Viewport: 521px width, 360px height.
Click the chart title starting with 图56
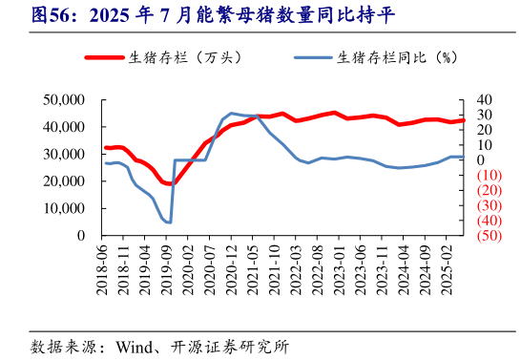tap(200, 16)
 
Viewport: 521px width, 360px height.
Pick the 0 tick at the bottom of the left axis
tap(80, 236)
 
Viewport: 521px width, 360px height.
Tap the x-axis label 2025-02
tap(450, 266)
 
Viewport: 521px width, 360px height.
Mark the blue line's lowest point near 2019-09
tap(169, 222)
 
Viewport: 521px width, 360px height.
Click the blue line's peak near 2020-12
tap(231, 113)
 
